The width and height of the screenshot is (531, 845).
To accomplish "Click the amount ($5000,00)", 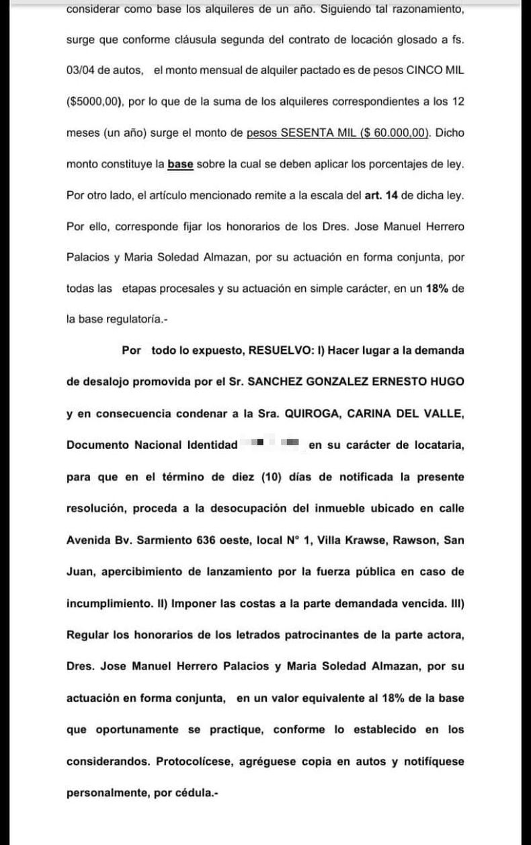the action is [94, 102].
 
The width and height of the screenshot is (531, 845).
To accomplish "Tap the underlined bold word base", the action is [180, 164].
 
